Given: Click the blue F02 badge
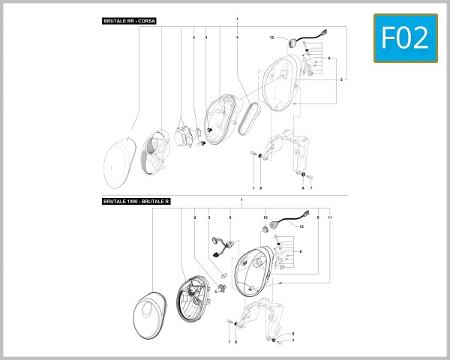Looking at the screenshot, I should pyautogui.click(x=405, y=37).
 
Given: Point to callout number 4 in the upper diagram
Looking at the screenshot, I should pyautogui.click(x=237, y=37).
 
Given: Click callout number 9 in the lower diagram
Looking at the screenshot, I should pyautogui.click(x=230, y=217).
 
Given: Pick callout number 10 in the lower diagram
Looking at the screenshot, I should pyautogui.click(x=265, y=217).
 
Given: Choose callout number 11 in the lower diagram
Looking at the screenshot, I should pyautogui.click(x=330, y=217).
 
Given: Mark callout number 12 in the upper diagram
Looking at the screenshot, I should pyautogui.click(x=273, y=37).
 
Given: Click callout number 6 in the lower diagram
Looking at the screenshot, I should pyautogui.click(x=300, y=250).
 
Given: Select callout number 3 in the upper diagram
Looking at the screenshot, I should pyautogui.click(x=205, y=37).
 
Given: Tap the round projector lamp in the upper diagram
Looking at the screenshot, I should pyautogui.click(x=183, y=139).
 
